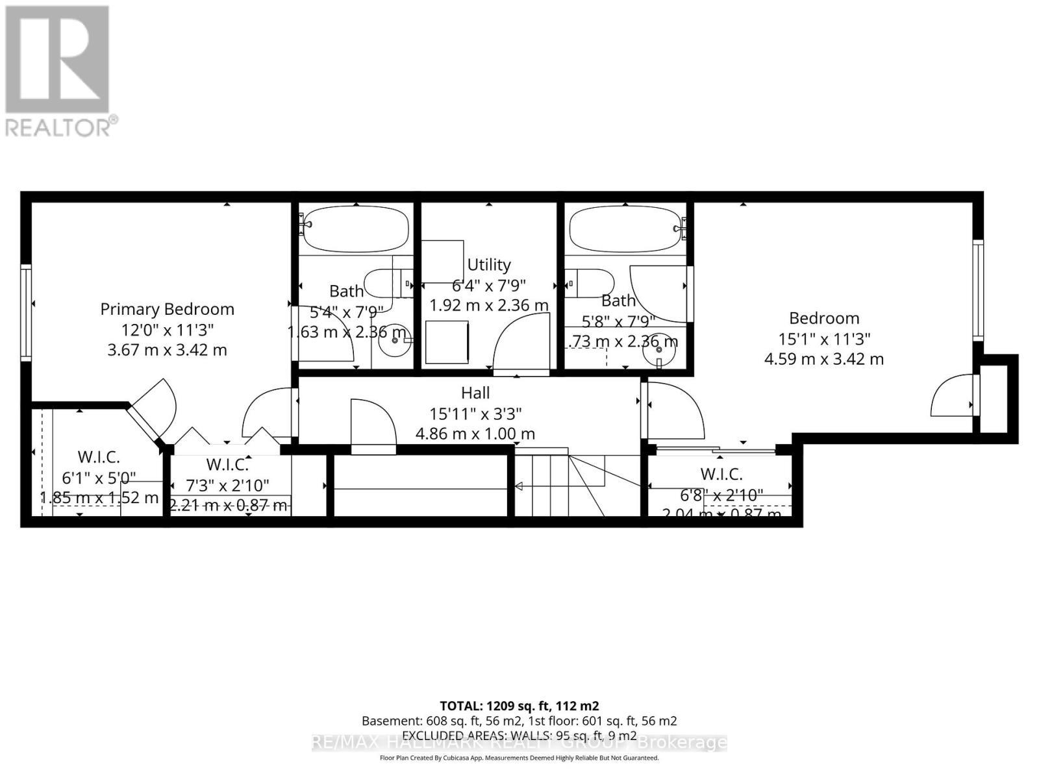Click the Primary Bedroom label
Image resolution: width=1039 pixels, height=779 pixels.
(167, 309)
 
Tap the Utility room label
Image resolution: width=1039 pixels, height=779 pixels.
(488, 265)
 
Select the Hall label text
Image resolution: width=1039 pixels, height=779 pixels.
(475, 393)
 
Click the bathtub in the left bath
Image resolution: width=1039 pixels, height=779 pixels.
(355, 229)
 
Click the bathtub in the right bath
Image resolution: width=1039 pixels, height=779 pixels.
(625, 229)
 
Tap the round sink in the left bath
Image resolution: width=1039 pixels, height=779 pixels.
(395, 340)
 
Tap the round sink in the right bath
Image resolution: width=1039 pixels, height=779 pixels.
(659, 352)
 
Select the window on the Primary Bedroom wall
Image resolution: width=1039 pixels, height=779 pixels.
(26, 312)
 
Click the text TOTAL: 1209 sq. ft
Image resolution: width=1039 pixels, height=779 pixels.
(519, 706)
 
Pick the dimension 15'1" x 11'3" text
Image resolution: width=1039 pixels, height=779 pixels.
(824, 338)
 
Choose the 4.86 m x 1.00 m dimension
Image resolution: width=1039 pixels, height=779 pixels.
(475, 434)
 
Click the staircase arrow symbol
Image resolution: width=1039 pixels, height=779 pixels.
(519, 486)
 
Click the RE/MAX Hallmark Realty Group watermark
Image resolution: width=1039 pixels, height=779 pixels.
(519, 743)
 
